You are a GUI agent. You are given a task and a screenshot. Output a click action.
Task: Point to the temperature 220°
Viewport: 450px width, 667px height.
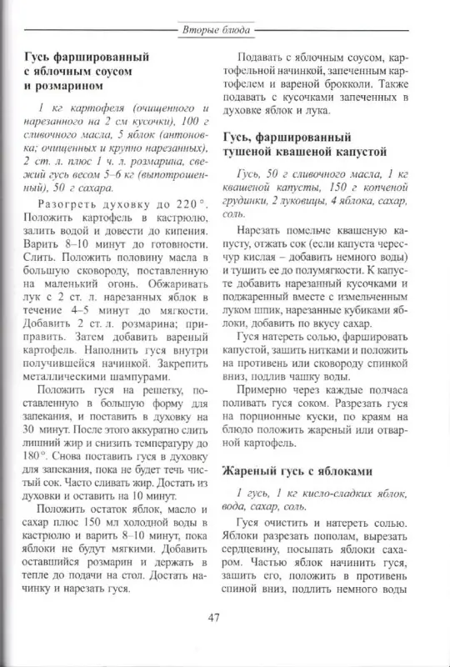(x=187, y=204)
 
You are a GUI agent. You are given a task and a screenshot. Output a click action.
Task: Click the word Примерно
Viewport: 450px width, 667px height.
(x=264, y=389)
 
